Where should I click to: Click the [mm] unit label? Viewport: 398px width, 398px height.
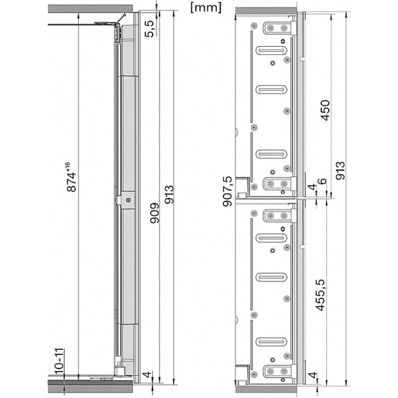pos(206,8)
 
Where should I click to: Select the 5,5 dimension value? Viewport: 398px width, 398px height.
pos(150,29)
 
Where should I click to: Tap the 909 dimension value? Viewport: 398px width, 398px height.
pos(155,213)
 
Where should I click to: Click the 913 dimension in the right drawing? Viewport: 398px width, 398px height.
pos(341,170)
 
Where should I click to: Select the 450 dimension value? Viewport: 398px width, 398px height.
pos(325,110)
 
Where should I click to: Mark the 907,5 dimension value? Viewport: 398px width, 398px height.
pos(228,191)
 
